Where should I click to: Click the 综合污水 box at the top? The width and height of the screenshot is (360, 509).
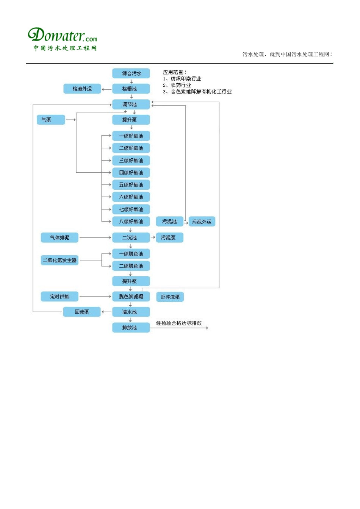131,73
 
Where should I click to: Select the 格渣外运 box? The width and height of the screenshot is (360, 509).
82,89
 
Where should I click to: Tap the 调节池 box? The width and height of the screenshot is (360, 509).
131,105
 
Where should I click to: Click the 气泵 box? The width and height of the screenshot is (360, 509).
51,120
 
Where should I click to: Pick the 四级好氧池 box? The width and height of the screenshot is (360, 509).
131,173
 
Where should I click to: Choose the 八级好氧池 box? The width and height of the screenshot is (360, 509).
131,222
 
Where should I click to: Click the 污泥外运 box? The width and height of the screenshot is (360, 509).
202,222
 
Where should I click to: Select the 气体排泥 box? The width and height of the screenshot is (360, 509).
59,238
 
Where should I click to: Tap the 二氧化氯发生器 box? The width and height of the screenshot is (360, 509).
59,260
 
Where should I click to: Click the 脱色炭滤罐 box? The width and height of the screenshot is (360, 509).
131,297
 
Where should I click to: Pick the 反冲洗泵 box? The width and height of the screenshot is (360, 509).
170,297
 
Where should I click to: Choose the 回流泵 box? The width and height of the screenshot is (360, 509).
82,312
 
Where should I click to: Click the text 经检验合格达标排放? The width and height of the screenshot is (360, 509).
179,323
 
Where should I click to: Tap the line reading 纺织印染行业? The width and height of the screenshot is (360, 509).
185,79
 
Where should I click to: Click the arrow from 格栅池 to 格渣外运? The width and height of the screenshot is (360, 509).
107,89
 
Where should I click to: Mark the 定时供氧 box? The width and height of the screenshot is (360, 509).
59,297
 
